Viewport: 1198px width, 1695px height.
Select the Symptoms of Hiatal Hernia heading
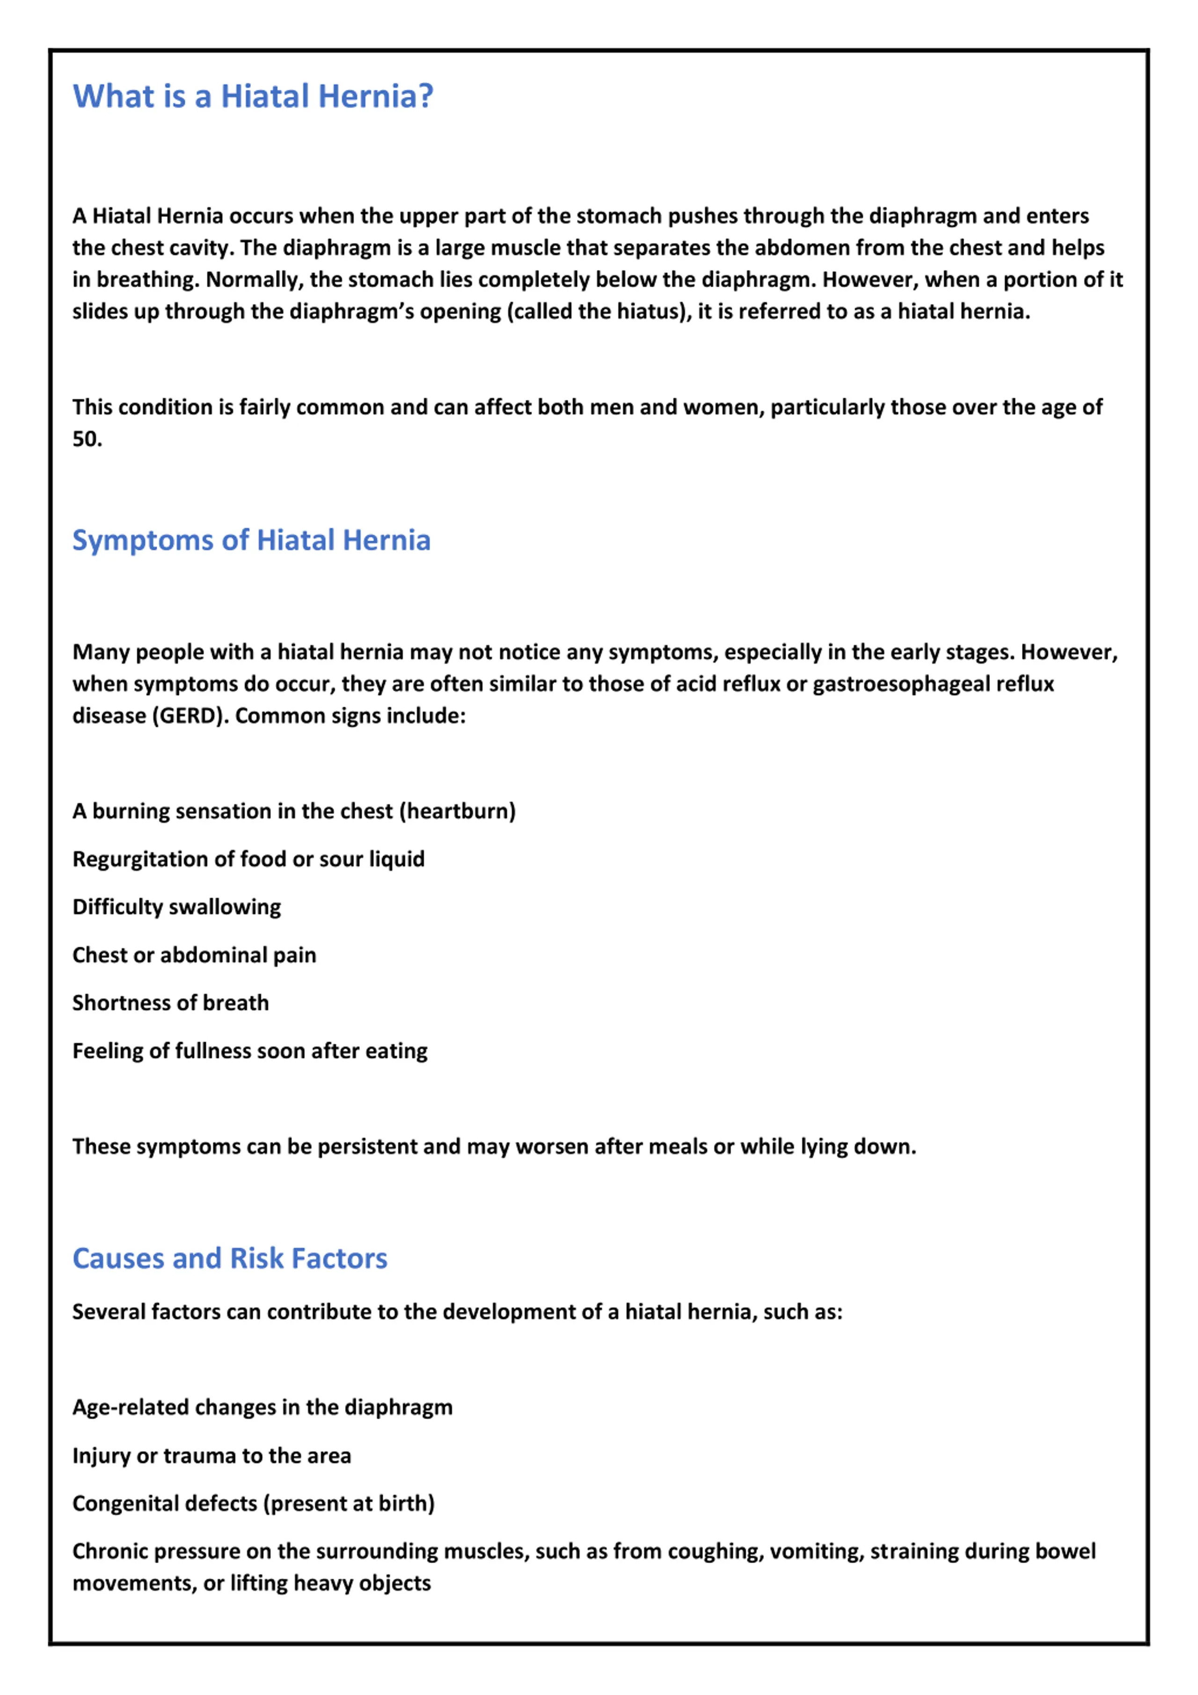[251, 540]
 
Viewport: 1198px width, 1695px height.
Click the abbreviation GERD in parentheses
[188, 716]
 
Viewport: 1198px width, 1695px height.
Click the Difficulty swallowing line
[176, 907]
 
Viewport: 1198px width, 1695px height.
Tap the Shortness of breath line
[171, 1003]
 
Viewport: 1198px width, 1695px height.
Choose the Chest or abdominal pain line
[194, 955]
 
